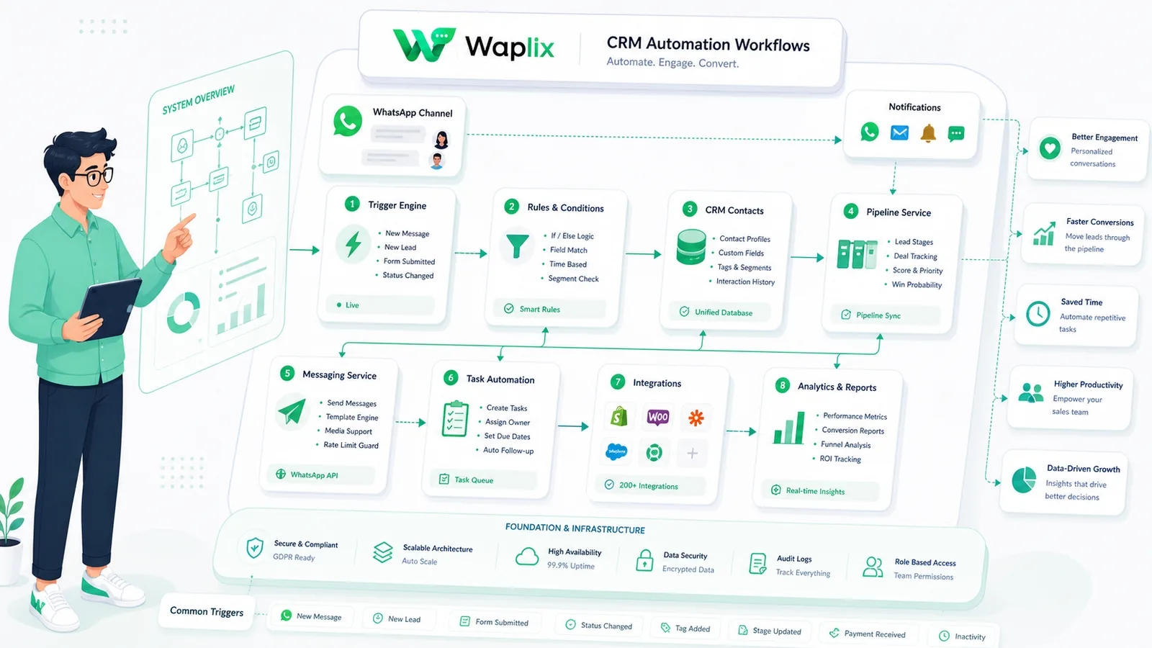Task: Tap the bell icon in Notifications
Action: click(928, 133)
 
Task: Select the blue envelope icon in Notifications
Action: click(899, 132)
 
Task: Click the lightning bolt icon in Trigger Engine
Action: click(354, 244)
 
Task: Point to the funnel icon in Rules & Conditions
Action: click(517, 246)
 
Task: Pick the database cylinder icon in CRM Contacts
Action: click(691, 247)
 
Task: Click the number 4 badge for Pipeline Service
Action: click(850, 211)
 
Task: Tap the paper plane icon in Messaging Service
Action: click(292, 411)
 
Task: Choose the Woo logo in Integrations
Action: click(658, 417)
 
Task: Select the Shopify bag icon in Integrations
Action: click(618, 416)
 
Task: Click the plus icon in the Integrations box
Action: click(692, 453)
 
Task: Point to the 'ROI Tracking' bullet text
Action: click(840, 459)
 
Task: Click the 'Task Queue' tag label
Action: click(474, 480)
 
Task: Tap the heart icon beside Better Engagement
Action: click(1050, 148)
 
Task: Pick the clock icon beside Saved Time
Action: click(1038, 313)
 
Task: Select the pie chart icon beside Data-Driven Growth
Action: click(1024, 480)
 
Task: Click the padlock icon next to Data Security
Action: click(644, 560)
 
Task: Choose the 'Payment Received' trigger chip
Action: click(868, 634)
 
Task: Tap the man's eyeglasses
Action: click(94, 176)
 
